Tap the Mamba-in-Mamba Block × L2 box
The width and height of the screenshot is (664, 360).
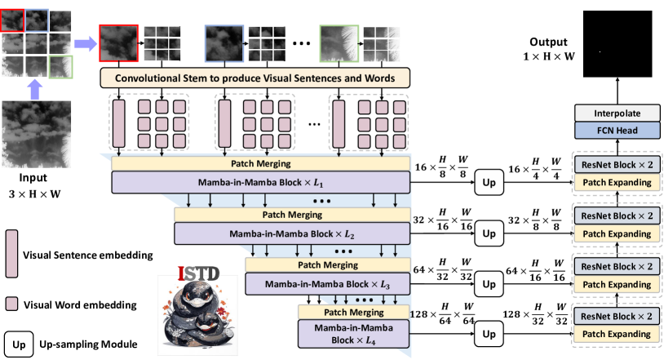(292, 234)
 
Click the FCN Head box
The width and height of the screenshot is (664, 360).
(617, 131)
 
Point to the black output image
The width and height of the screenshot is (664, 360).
(617, 48)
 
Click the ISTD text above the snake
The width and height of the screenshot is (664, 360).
(197, 269)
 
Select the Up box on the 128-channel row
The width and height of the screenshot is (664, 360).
(489, 335)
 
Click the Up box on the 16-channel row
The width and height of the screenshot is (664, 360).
(489, 181)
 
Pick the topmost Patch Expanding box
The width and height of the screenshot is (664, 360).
(617, 182)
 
